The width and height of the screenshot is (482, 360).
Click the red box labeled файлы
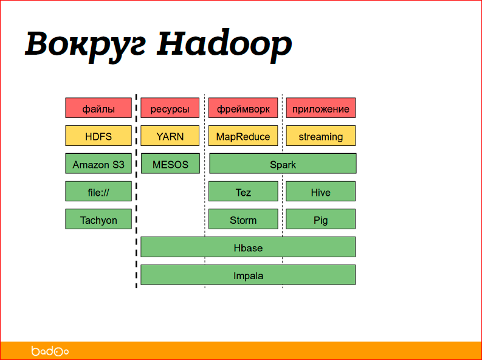coord(98,108)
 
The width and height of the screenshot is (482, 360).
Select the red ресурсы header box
coord(170,108)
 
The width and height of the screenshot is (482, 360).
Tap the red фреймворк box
coord(243,108)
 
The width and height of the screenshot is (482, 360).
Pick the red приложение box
coord(321,108)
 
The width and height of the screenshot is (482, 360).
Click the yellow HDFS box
coord(98,136)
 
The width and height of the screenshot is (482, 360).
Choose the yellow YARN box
coord(170,136)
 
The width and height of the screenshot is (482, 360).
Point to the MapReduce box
coord(243,136)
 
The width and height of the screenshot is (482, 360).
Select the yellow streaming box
coord(321,136)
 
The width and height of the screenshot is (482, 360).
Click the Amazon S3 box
coord(98,164)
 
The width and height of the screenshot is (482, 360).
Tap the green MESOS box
coord(170,164)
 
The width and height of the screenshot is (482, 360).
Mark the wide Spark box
coord(283,164)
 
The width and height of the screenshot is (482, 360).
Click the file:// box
coord(98,192)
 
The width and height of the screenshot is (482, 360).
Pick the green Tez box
coord(243,192)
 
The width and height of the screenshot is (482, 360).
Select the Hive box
coord(321,192)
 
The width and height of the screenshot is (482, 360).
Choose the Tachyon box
coord(98,220)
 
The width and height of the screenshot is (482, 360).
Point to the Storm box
coord(243,220)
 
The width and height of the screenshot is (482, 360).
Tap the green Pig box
coord(321,220)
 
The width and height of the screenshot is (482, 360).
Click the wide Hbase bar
coord(248,247)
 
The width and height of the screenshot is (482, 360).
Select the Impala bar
coord(248,275)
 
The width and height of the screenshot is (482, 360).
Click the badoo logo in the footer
coord(50,351)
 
